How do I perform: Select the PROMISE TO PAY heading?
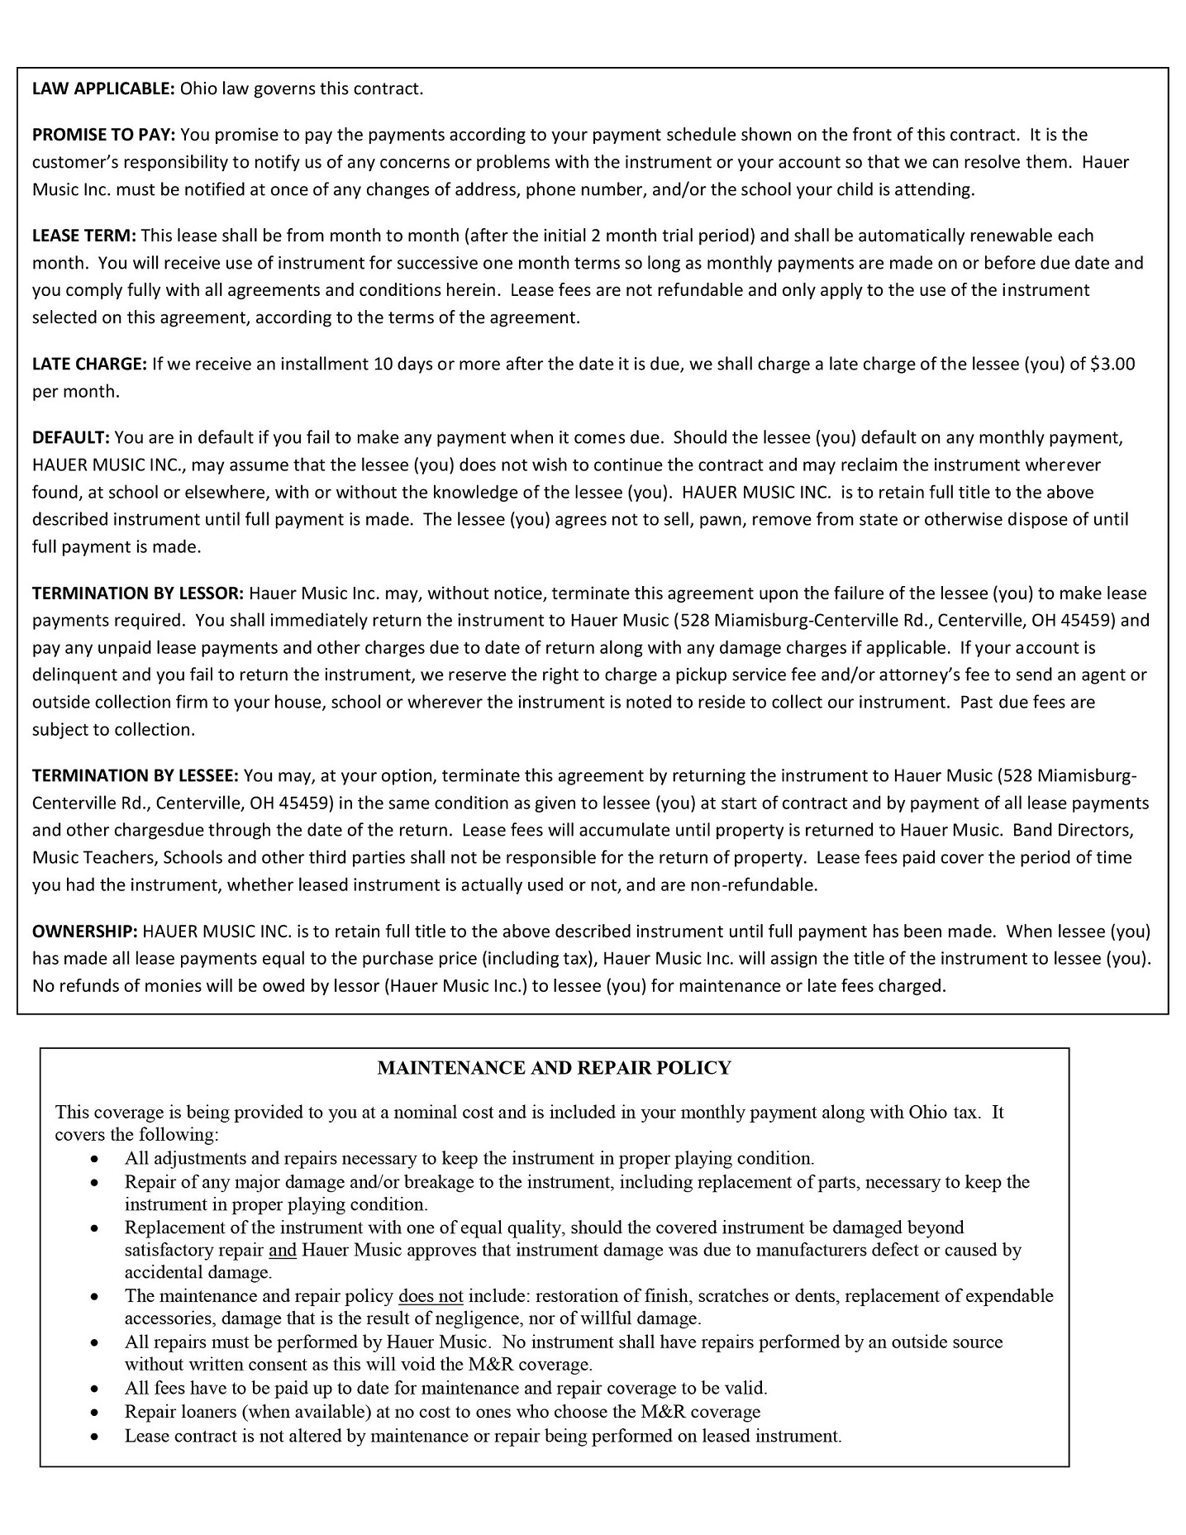[105, 135]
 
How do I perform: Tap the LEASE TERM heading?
[83, 236]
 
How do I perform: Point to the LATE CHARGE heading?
[89, 364]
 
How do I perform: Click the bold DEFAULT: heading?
[70, 437]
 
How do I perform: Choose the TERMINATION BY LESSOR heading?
[137, 593]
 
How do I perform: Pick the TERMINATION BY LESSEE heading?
[135, 775]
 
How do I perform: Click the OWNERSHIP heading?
[84, 932]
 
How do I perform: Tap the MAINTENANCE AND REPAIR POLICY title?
[554, 1068]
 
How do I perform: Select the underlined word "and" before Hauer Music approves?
[283, 1250]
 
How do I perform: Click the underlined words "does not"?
[431, 1295]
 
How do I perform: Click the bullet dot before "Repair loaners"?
[96, 1412]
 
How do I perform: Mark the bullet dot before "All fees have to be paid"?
[96, 1389]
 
